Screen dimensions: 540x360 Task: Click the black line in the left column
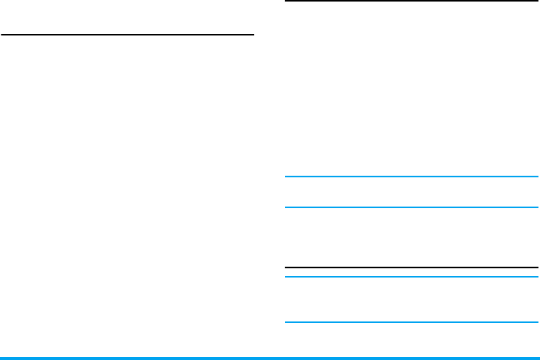(127, 34)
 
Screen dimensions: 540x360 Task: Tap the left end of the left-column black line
(2, 34)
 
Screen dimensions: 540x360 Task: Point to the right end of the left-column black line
(253, 34)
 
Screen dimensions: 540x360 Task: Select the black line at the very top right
(411, 2)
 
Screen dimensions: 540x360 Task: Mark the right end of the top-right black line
(537, 2)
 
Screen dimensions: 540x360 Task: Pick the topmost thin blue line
(411, 177)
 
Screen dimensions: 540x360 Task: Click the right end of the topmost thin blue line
(537, 177)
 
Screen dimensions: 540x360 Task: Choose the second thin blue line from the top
(411, 207)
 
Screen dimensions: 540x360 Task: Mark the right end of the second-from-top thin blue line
(537, 207)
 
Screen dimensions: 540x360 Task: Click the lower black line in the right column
(411, 267)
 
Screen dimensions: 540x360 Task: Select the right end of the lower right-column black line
(537, 267)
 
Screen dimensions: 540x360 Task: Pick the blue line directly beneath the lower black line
(411, 277)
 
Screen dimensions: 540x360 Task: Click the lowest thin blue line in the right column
(411, 322)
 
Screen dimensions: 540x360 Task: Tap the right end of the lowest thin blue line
(537, 322)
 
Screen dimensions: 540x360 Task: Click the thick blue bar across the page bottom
(270, 358)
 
